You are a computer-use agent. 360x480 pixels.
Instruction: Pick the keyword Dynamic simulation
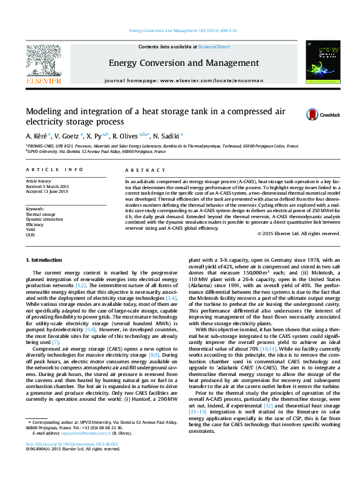pyautogui.click(x=44, y=219)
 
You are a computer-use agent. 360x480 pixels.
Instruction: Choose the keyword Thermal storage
pyautogui.click(x=40, y=214)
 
